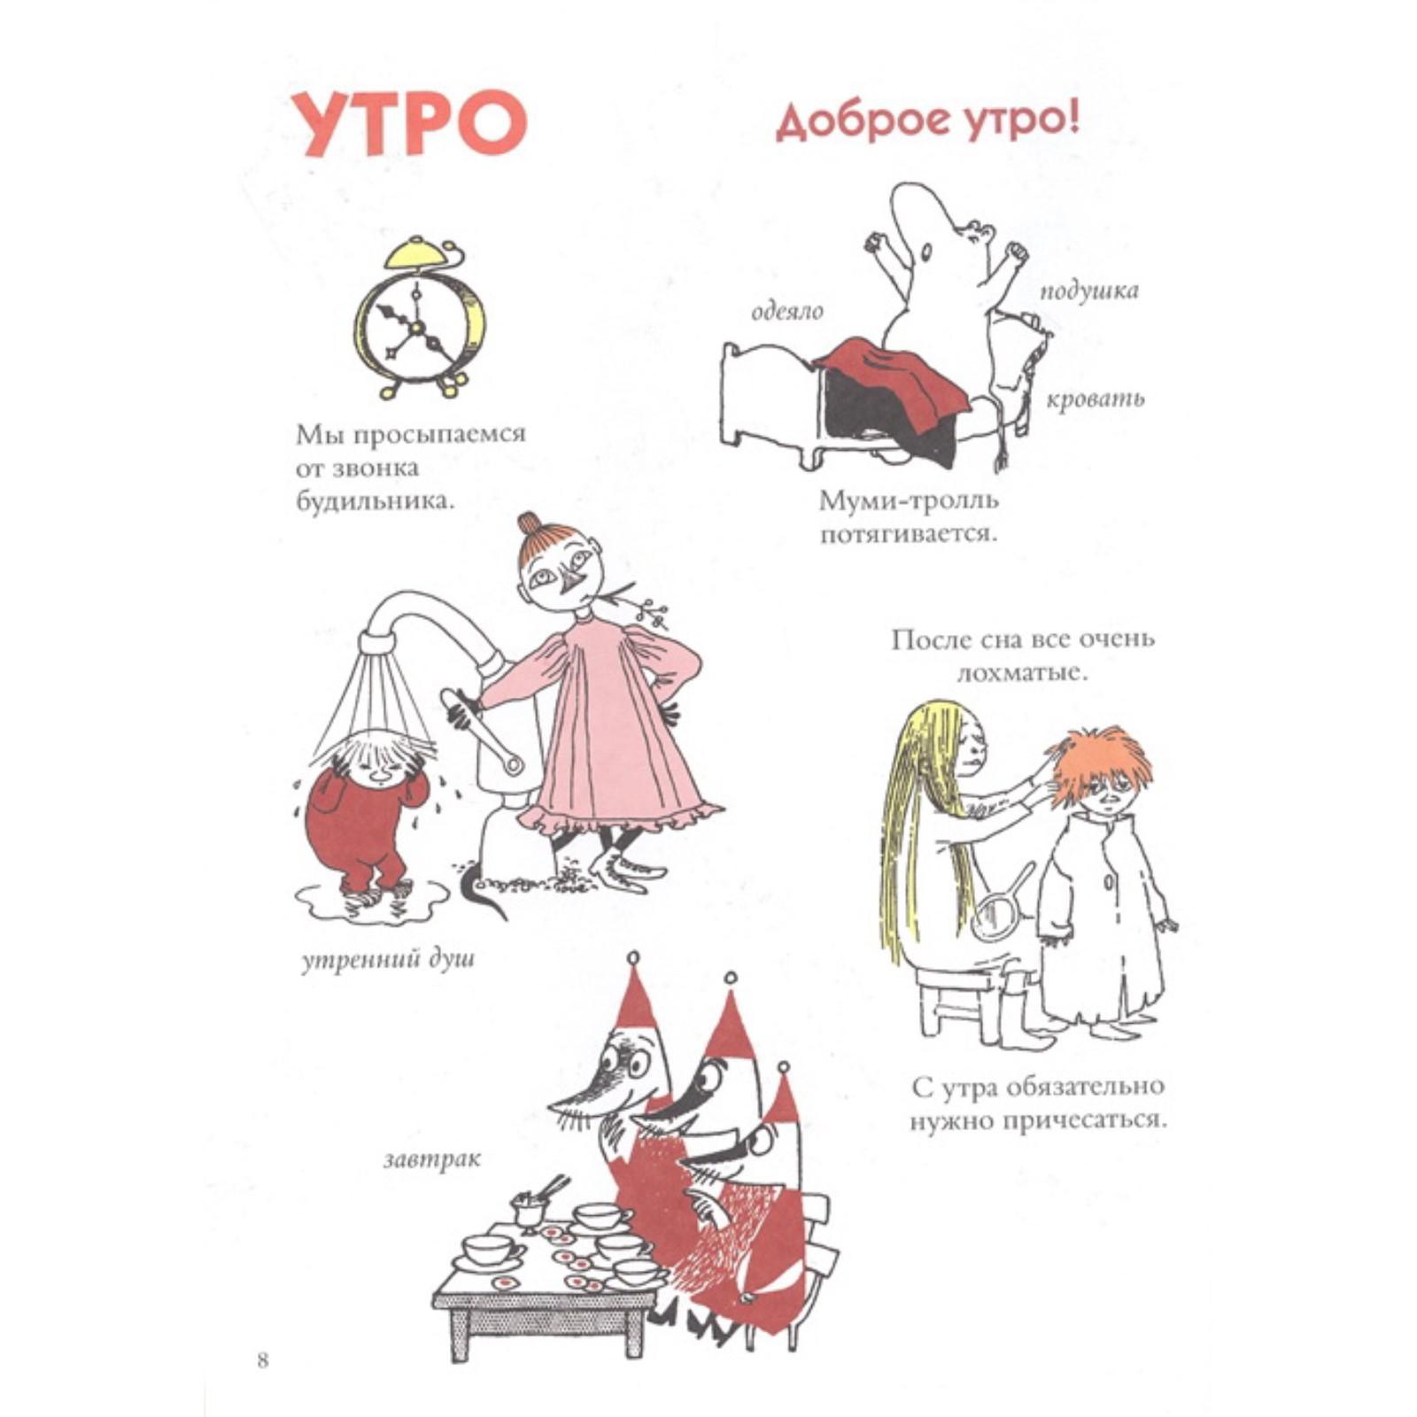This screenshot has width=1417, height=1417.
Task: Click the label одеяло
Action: click(787, 312)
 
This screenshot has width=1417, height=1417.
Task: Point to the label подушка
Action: click(1088, 291)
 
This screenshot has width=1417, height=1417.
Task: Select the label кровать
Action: click(1095, 399)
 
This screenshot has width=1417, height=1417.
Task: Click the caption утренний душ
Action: click(388, 960)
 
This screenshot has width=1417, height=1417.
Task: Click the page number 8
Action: click(262, 1360)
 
